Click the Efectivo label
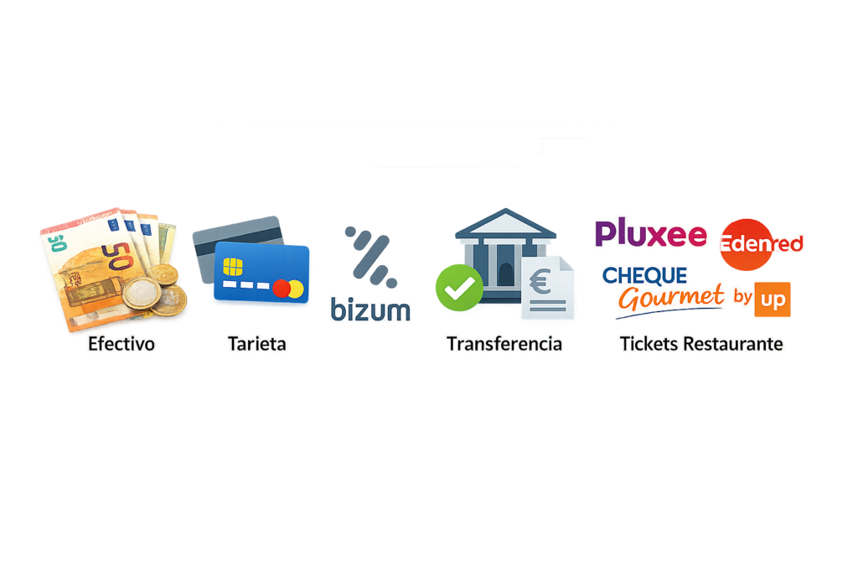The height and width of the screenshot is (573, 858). (x=122, y=344)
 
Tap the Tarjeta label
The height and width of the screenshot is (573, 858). (x=256, y=344)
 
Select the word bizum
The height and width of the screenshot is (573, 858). (x=370, y=310)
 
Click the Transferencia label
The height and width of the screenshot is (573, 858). (x=504, y=344)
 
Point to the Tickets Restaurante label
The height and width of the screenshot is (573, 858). (x=701, y=344)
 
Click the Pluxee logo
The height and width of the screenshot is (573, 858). (x=650, y=234)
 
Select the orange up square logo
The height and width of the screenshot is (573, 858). (x=772, y=300)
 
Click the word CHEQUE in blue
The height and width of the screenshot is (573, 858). (x=644, y=275)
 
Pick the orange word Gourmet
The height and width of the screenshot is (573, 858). (x=670, y=297)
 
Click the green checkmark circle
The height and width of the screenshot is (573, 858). (x=458, y=288)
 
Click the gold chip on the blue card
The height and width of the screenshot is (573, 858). (x=233, y=268)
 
